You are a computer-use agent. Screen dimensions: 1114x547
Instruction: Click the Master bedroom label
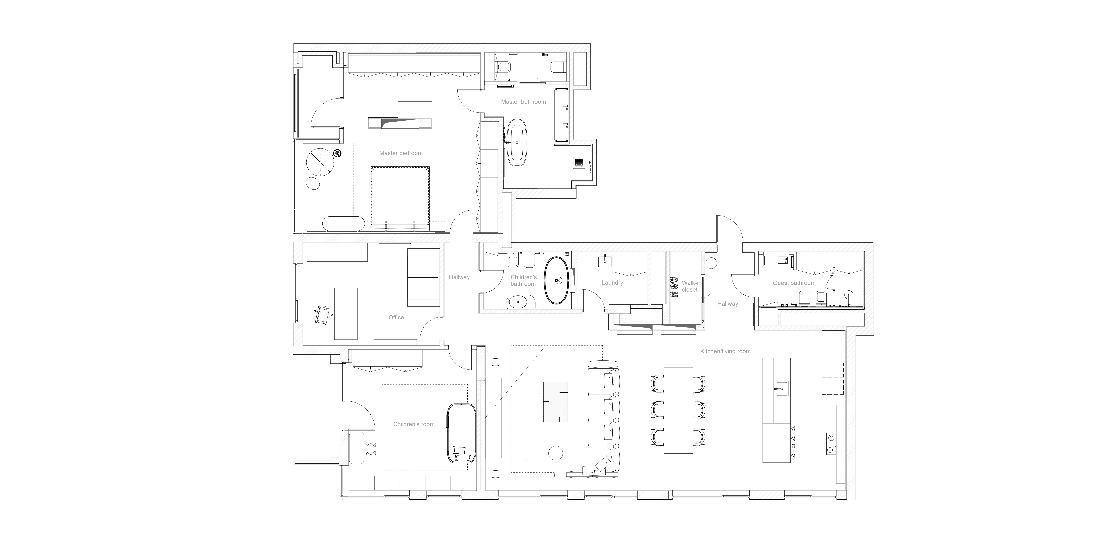click(x=401, y=153)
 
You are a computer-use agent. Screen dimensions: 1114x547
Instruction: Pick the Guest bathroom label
click(x=794, y=283)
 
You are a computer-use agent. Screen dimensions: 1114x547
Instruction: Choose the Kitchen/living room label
click(x=725, y=351)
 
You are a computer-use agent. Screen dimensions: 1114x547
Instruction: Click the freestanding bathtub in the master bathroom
click(x=517, y=143)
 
